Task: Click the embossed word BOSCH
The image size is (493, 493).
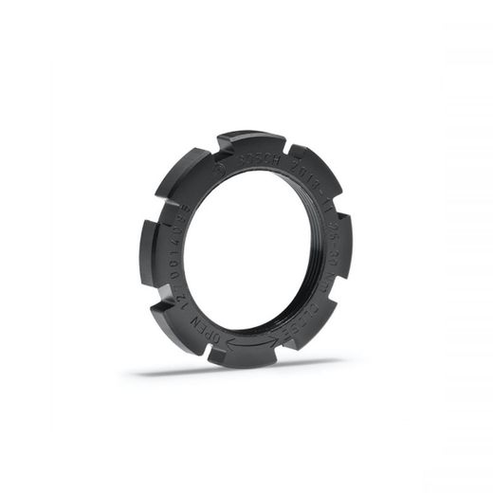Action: [x=255, y=159]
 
